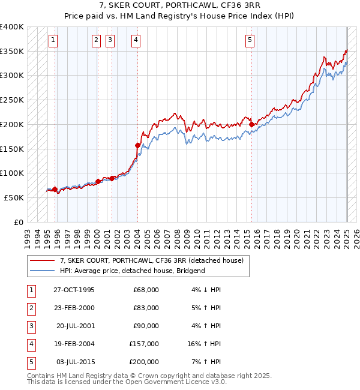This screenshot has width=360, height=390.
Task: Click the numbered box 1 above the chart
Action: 53,40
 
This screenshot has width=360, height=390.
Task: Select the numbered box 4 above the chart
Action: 137,40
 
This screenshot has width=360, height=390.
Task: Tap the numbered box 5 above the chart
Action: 250,40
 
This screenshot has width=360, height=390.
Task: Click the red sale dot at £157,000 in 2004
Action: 137,145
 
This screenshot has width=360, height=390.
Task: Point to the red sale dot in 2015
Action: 251,124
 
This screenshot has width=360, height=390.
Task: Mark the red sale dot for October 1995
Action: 55,189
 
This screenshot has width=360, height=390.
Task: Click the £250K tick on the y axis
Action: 12,100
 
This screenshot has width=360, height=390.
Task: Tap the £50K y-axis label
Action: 14,197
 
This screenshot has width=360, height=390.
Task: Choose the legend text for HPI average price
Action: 132,271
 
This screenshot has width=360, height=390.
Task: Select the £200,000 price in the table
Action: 144,362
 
